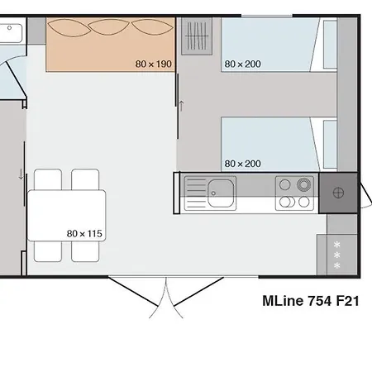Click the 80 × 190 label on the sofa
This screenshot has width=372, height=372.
153,64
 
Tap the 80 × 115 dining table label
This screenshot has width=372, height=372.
83,234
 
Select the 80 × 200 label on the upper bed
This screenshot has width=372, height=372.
241,64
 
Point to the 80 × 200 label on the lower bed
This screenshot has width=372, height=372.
241,164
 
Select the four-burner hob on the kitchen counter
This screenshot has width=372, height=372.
295,193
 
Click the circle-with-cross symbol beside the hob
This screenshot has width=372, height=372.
338,193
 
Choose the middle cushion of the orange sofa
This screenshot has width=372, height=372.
111,28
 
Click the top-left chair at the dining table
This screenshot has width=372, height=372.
48,179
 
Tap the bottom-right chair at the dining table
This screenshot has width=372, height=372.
85,250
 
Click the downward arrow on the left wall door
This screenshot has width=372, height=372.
21,174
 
